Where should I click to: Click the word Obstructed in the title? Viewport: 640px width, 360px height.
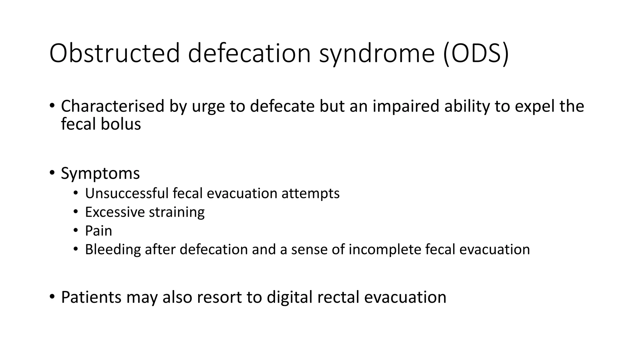click(x=114, y=53)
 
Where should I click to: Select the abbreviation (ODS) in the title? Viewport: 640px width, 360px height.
click(x=476, y=54)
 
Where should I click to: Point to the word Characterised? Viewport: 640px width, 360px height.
click(x=112, y=106)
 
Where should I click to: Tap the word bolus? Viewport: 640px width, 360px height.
click(x=121, y=124)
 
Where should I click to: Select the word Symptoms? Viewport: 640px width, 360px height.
click(x=100, y=173)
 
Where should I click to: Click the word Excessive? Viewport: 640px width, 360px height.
click(x=115, y=212)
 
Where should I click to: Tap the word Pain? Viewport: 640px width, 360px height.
click(x=98, y=231)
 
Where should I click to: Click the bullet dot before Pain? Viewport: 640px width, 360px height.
click(x=75, y=230)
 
